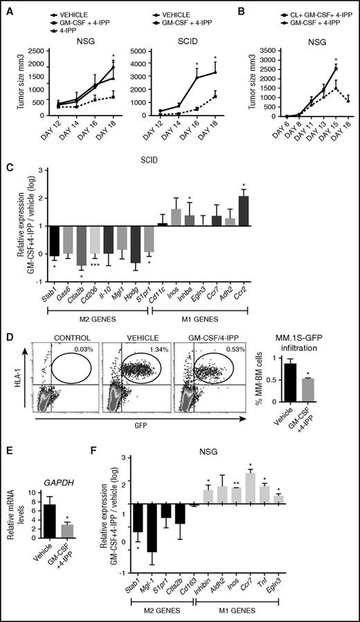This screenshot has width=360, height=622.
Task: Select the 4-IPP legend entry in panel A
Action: (73, 30)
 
